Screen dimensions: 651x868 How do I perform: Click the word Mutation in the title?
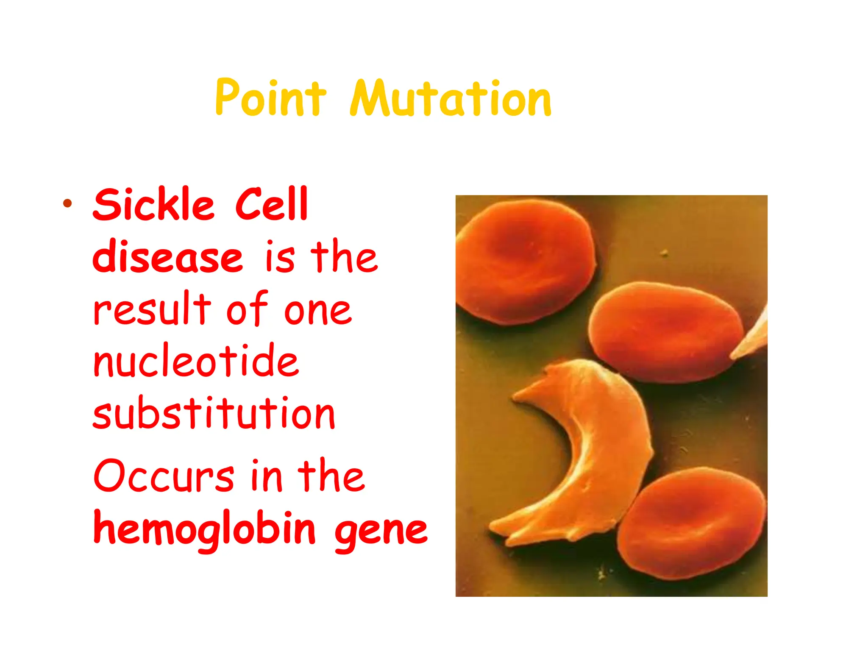click(x=451, y=98)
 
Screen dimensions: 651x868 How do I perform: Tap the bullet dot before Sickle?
click(x=67, y=203)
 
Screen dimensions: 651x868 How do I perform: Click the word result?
click(x=152, y=309)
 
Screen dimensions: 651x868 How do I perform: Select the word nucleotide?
click(x=196, y=361)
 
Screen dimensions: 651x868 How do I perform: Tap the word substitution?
click(x=214, y=413)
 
